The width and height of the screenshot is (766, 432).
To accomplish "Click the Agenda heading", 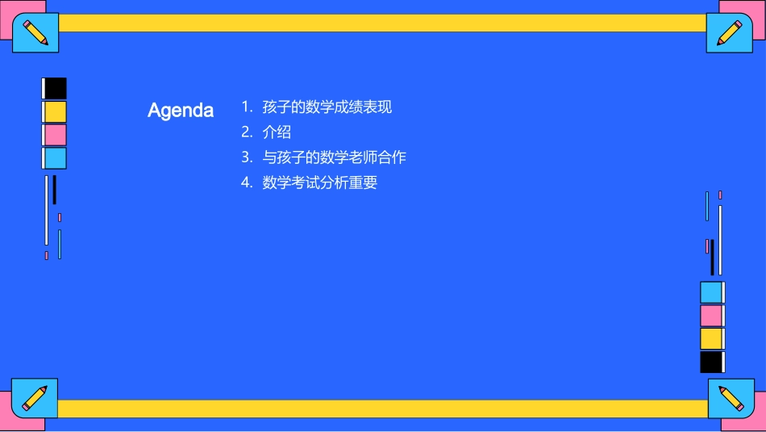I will (x=181, y=111).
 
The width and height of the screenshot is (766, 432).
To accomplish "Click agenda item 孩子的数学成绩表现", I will (x=327, y=107).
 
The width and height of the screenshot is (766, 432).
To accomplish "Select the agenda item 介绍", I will (x=277, y=132).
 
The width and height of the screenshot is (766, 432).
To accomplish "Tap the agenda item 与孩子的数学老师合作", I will (x=334, y=157).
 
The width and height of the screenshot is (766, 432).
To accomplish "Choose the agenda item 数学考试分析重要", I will (x=319, y=182).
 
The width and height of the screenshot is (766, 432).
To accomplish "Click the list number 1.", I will (x=246, y=107).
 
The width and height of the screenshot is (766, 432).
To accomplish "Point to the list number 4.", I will (x=247, y=182).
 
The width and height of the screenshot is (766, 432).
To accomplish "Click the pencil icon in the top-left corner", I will (x=35, y=32).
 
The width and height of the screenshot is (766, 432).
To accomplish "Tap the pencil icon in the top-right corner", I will (x=730, y=32).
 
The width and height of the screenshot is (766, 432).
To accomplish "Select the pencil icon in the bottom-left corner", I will (x=35, y=397).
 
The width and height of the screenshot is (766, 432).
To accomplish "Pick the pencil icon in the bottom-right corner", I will (x=731, y=398).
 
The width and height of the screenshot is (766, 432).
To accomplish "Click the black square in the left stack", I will (x=56, y=88).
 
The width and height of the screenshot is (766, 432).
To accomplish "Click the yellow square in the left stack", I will (x=56, y=111).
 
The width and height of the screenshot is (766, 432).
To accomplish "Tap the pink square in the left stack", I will (x=56, y=135).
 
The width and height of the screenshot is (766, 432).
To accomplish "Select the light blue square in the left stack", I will (x=56, y=158).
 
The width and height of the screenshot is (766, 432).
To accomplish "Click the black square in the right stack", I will (x=711, y=362).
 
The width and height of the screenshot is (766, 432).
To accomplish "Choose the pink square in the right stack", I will (x=711, y=316).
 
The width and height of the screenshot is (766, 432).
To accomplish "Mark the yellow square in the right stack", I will (x=711, y=338).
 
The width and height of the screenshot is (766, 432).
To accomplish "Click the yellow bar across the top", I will (x=383, y=23).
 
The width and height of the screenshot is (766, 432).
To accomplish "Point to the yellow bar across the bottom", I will (x=383, y=409).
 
